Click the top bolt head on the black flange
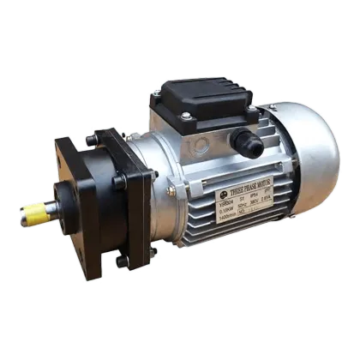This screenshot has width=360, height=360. click(x=103, y=131)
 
